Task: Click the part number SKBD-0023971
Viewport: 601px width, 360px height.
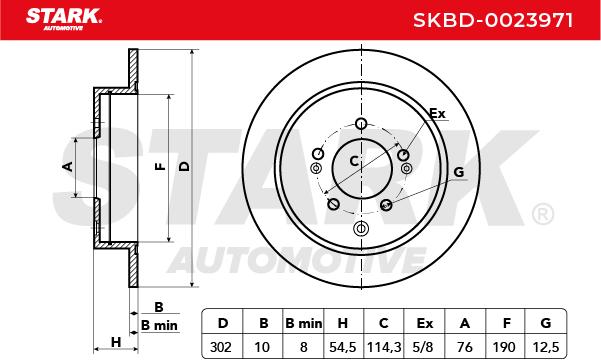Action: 493,20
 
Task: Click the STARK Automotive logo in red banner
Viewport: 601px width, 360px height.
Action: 64,19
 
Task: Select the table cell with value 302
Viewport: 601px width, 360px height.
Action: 221,347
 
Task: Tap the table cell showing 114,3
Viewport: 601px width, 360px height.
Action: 384,347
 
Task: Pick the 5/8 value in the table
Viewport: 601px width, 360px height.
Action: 424,347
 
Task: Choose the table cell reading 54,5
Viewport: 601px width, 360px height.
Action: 343,347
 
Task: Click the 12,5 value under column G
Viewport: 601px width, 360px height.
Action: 546,347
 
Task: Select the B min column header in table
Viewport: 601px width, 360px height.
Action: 304,324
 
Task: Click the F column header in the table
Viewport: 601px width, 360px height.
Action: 506,324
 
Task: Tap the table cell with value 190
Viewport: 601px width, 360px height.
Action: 504,347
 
